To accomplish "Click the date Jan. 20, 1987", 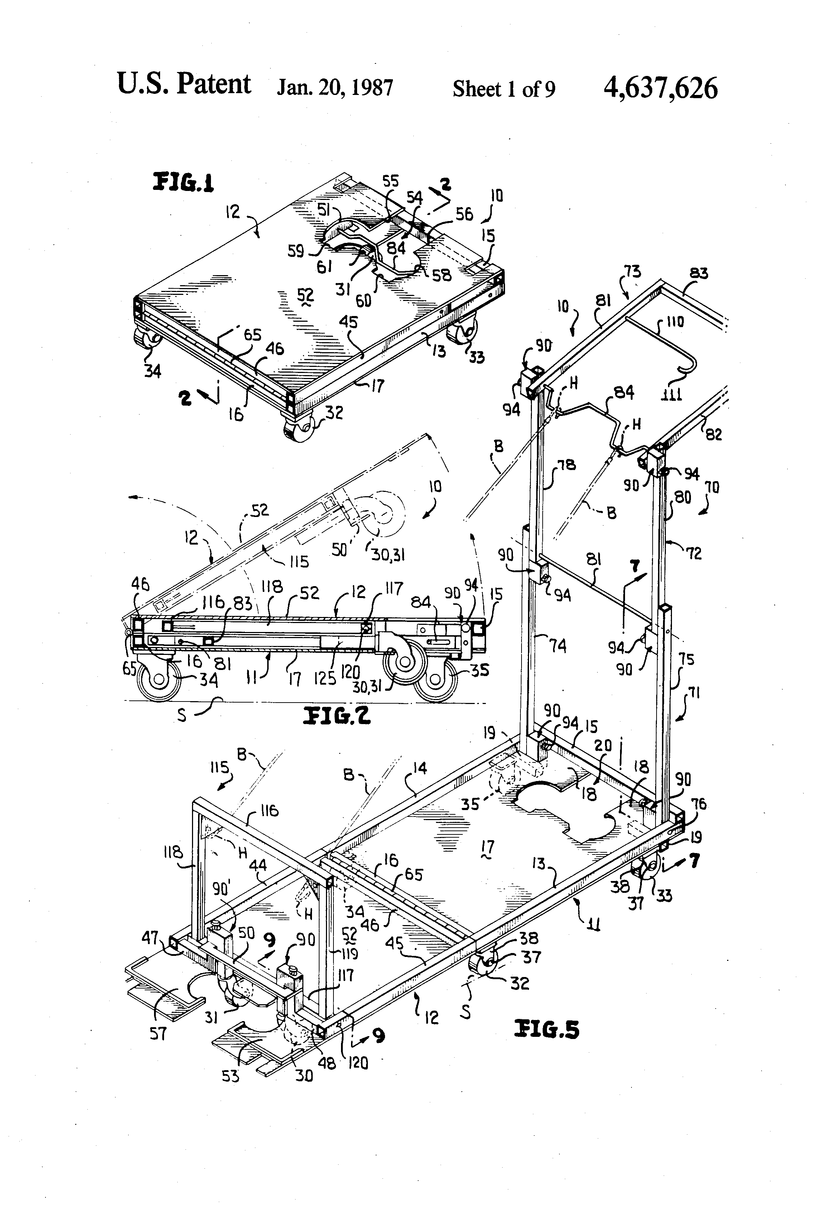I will [x=335, y=88].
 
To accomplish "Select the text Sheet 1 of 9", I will [x=503, y=89].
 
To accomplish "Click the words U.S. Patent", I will [x=184, y=84].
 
